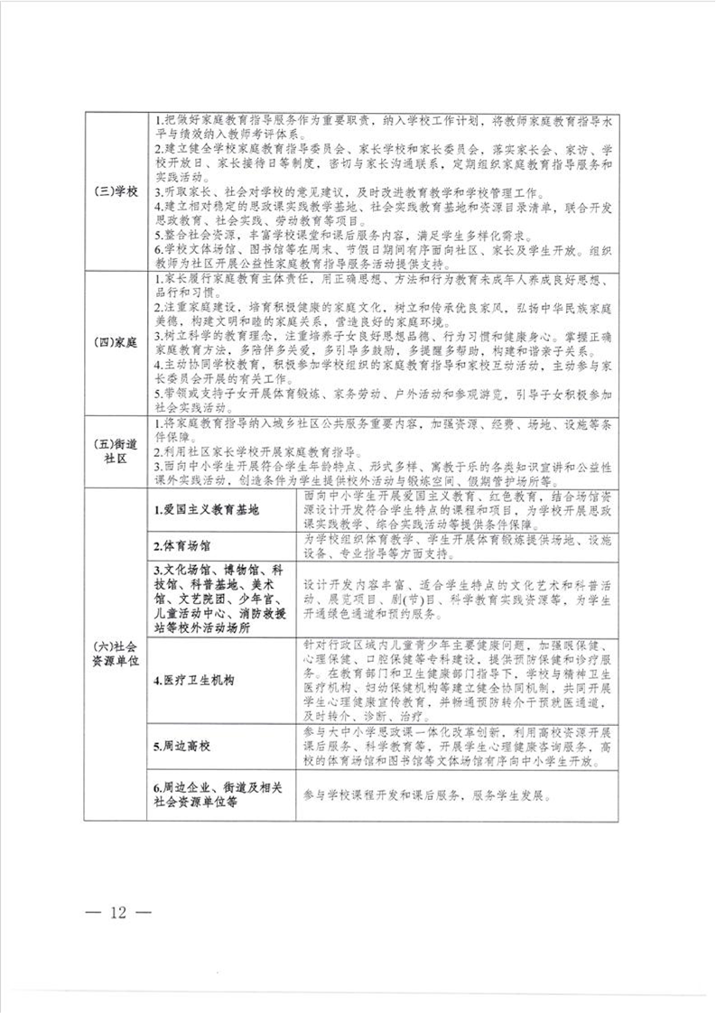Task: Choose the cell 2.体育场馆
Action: click(181, 546)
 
